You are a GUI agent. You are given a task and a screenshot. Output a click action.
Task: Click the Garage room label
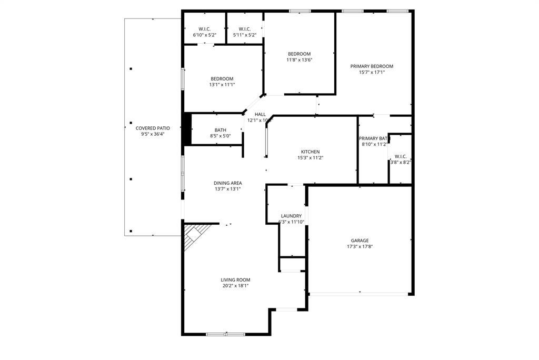tap(360, 241)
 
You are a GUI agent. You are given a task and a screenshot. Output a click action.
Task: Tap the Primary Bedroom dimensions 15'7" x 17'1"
tap(372, 73)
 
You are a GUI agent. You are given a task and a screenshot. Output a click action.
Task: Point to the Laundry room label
tap(291, 216)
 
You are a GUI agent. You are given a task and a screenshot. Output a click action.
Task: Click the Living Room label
tap(235, 280)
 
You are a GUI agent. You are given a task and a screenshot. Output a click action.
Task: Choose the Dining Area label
tap(227, 183)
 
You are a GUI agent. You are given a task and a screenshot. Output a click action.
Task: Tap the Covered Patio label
tap(153, 128)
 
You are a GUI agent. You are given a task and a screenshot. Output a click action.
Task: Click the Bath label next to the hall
tap(220, 130)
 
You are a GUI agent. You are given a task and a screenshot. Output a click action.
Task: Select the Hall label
tap(260, 114)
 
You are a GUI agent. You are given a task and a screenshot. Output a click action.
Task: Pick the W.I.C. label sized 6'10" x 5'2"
tap(204, 29)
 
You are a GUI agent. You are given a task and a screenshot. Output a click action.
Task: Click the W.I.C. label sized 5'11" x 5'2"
tap(245, 29)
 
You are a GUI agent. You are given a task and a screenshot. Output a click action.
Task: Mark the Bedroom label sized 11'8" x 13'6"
tap(299, 54)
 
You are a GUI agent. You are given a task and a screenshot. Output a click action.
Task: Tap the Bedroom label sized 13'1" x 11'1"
tap(222, 78)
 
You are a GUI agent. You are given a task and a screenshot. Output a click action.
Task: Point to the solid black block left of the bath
tap(186, 129)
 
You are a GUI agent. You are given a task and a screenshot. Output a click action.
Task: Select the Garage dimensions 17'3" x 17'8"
tap(360, 246)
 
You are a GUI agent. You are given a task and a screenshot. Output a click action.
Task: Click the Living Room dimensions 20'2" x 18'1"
tap(235, 286)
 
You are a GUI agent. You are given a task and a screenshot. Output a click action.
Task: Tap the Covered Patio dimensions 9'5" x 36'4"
tap(153, 134)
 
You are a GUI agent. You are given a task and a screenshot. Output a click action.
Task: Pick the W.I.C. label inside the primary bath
tap(400, 156)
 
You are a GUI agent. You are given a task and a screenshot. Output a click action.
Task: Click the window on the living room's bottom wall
tap(225, 334)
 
